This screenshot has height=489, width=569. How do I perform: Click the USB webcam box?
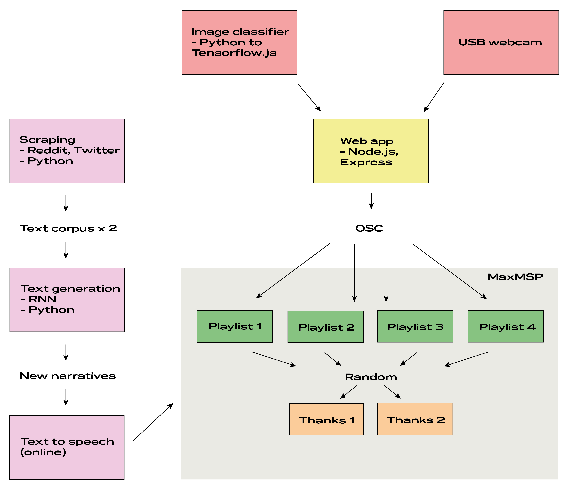501,42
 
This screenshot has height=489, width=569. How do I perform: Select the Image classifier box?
239,42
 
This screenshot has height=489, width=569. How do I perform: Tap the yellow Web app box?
371,151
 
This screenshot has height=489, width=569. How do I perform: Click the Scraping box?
67,151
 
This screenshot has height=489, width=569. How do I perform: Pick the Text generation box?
67,300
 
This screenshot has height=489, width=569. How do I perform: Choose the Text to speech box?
67,448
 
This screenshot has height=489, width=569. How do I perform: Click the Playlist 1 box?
235,326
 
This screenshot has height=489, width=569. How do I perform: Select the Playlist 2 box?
325,327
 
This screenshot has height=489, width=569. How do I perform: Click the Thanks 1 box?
326,419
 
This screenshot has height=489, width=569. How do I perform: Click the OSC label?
369,228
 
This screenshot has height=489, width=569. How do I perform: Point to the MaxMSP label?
515,277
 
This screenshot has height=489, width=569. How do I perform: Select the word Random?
371,377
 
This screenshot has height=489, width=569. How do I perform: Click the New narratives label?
68,376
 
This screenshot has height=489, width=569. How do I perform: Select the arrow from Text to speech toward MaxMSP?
153,422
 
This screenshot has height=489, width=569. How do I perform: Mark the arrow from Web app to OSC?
371,201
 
